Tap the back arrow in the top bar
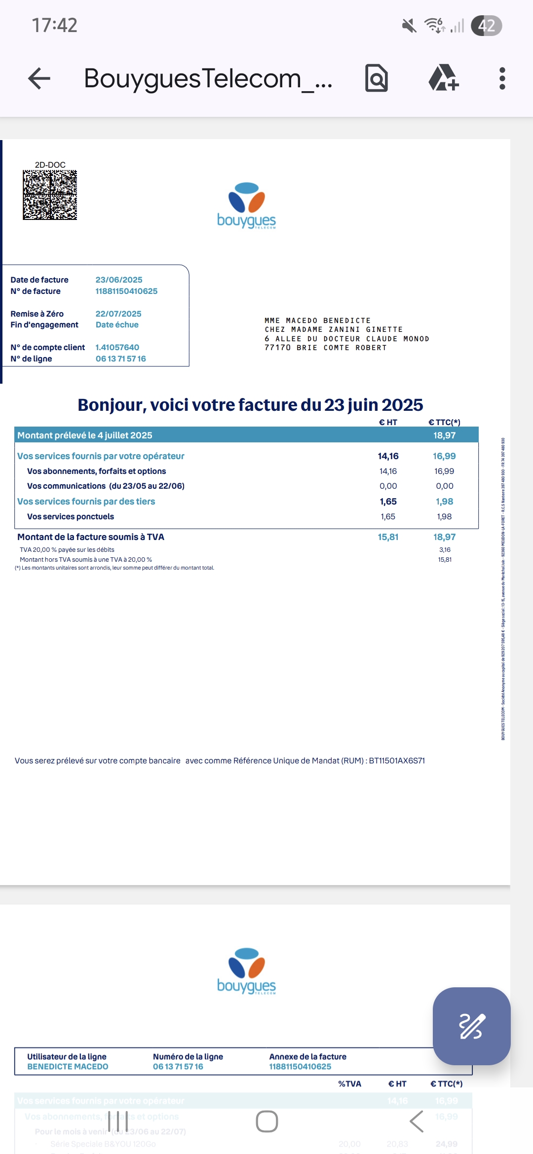point(39,78)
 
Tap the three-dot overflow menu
point(502,78)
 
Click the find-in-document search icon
point(377,78)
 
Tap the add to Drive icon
point(443,78)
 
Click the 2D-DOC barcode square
point(50,195)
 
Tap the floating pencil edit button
point(471,1026)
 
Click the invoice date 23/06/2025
point(118,280)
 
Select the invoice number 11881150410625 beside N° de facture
point(126,291)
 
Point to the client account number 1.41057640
point(117,347)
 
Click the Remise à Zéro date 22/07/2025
point(118,314)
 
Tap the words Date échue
point(117,325)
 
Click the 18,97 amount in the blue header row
point(444,435)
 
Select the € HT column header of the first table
point(388,422)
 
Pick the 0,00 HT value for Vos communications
point(388,486)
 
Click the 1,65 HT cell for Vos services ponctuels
point(388,516)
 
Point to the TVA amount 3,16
point(445,549)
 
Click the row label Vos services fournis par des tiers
point(86,501)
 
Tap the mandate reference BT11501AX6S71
point(397,760)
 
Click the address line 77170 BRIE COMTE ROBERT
point(326,348)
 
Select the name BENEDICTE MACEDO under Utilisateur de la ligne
point(68,1066)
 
